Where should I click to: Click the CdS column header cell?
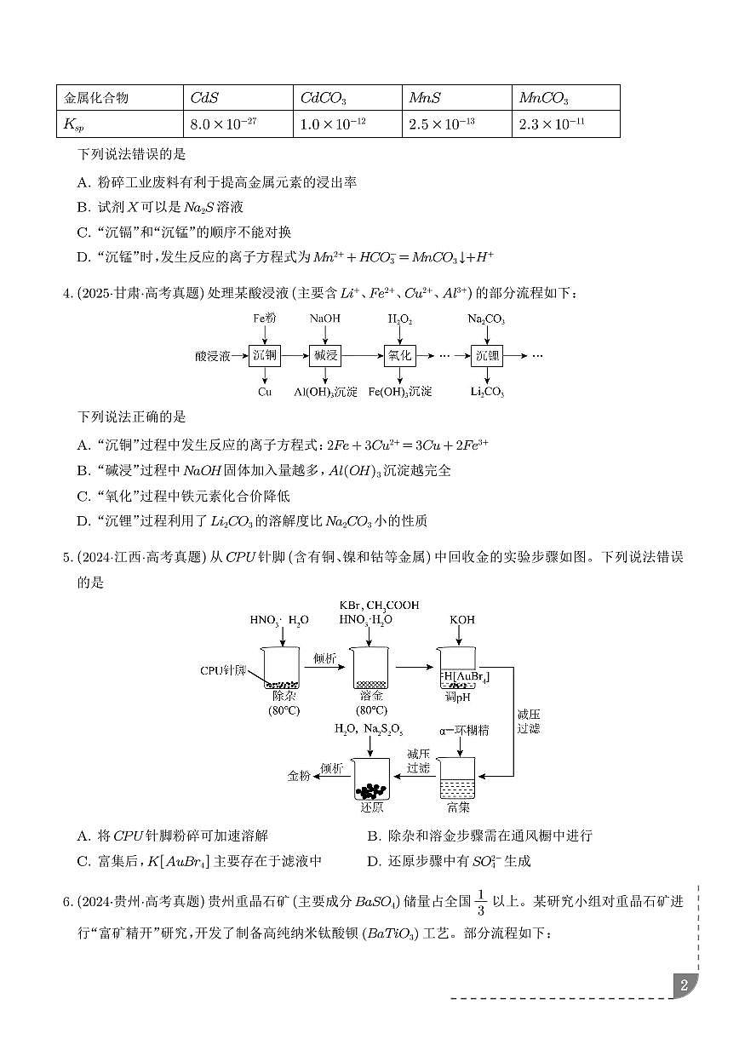tap(237, 98)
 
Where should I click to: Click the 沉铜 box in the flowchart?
tap(264, 356)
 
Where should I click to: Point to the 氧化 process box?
tap(399, 356)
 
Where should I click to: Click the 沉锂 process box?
tap(487, 356)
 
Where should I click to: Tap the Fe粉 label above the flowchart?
tap(264, 319)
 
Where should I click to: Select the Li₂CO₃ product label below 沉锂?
tap(487, 393)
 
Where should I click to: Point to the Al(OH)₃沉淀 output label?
tap(325, 393)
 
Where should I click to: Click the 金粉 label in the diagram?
tap(298, 776)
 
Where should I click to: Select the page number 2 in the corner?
tap(683, 986)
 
